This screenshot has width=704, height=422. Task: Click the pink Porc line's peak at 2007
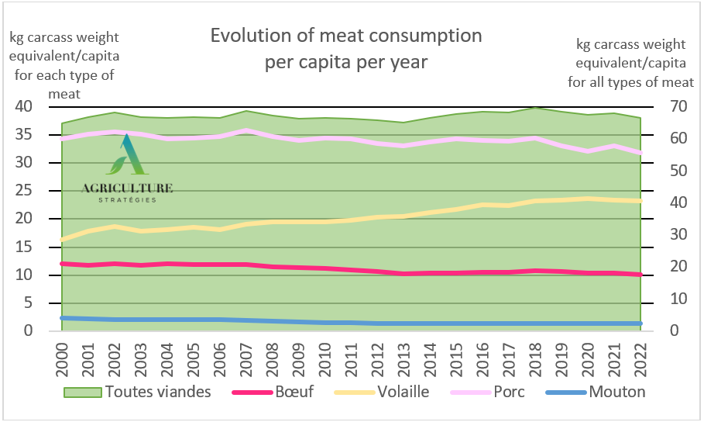[x=246, y=130]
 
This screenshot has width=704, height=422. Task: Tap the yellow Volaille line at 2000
[x=62, y=240]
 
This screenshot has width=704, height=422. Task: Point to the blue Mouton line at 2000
[x=62, y=318]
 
